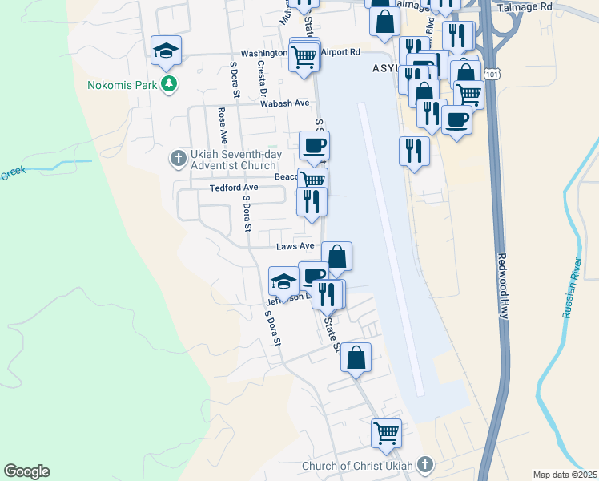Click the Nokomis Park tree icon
coord(168,83)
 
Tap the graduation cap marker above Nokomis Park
coord(166,51)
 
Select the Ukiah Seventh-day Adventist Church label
coord(233,159)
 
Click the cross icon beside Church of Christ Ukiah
coord(424,465)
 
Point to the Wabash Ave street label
coord(284,103)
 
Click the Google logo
coord(26,471)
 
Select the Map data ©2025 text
coord(565,475)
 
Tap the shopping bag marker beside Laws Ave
coord(337,257)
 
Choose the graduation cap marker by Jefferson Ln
coord(283,282)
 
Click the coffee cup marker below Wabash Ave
coord(314,147)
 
